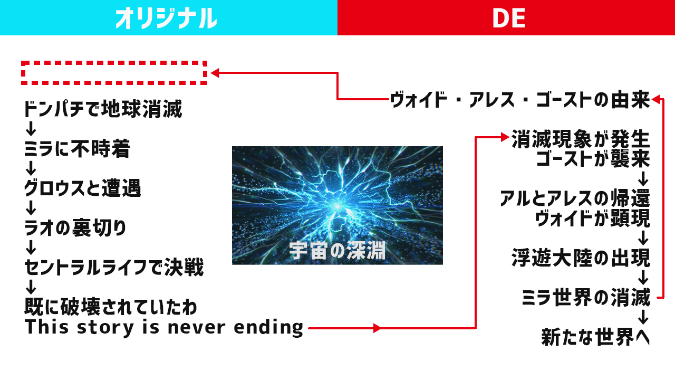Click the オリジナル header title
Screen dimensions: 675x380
(x=166, y=18)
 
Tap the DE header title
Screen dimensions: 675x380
(x=509, y=18)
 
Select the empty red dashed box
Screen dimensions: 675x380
(x=114, y=62)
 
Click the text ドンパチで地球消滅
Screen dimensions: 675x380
(x=103, y=109)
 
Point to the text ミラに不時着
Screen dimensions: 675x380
(x=77, y=148)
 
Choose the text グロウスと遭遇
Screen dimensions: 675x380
(x=83, y=188)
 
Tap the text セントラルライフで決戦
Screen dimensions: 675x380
(x=114, y=267)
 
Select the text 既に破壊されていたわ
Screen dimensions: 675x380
(x=111, y=307)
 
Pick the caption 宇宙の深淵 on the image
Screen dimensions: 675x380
(x=337, y=250)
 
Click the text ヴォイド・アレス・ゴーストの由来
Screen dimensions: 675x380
(x=520, y=100)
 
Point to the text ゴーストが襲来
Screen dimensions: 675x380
(x=593, y=159)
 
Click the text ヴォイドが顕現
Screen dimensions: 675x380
(x=592, y=218)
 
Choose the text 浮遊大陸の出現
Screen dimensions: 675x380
(x=581, y=258)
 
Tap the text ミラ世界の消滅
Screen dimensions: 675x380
(x=586, y=297)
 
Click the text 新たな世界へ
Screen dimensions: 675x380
(x=595, y=337)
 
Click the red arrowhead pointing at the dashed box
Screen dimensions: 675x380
(x=215, y=73)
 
